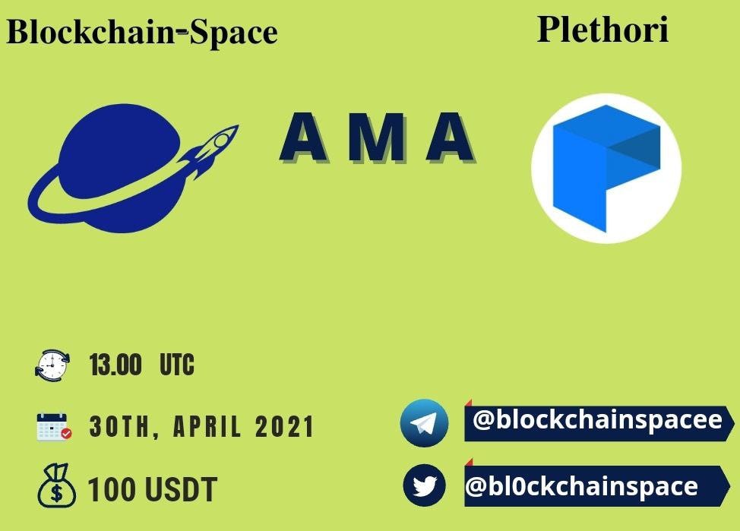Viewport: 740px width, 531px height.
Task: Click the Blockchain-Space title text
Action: [142, 32]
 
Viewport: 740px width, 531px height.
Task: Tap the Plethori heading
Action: [602, 30]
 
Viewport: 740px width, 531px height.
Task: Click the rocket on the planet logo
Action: [210, 150]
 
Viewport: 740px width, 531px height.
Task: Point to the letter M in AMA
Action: [377, 137]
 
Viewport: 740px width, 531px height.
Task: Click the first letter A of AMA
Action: [304, 137]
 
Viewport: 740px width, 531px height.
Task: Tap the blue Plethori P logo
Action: [606, 169]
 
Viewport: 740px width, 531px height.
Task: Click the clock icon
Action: [52, 365]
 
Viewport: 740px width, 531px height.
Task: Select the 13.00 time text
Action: [115, 365]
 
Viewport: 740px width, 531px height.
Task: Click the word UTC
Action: [177, 365]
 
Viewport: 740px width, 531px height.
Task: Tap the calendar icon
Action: [54, 427]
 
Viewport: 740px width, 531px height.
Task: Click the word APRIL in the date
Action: [207, 427]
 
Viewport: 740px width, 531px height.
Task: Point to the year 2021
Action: [285, 427]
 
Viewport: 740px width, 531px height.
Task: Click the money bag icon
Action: [57, 485]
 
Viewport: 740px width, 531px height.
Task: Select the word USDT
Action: [181, 489]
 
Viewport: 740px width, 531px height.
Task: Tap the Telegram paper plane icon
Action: [424, 423]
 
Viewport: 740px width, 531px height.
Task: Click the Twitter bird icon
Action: [424, 485]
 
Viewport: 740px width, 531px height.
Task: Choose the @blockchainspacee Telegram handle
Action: [597, 420]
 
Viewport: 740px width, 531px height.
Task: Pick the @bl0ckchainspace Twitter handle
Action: [581, 487]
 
